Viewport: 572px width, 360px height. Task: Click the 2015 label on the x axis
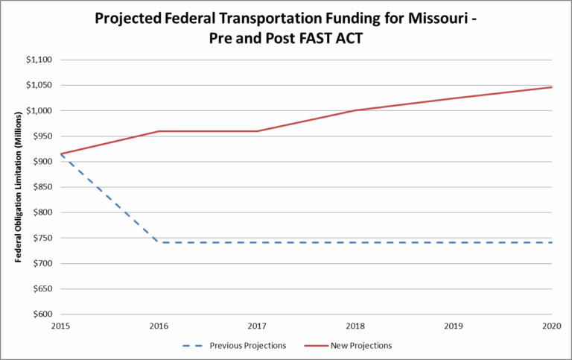[60, 326]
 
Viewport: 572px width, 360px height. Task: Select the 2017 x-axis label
[257, 326]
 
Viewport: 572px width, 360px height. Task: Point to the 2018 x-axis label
[355, 326]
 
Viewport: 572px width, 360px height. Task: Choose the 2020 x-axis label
[552, 326]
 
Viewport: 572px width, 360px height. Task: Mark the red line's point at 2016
[159, 131]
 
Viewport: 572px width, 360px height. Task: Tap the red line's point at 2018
[355, 110]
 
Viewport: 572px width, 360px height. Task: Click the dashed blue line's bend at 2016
[159, 242]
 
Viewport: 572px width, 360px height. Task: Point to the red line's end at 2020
[552, 87]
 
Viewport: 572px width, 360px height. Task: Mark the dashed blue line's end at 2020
[552, 242]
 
